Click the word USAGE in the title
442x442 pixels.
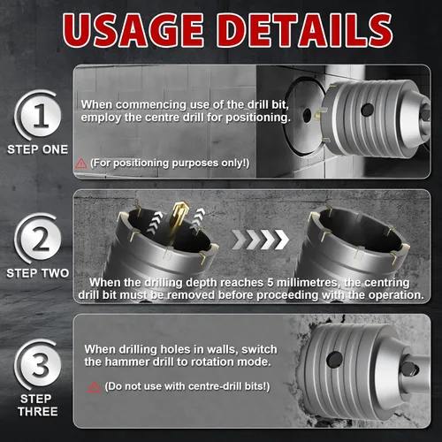[x=133, y=30]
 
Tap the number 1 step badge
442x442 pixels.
[x=40, y=115]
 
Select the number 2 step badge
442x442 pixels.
[x=40, y=239]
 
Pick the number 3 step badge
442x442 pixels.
[x=40, y=365]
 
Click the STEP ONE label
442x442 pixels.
[x=37, y=149]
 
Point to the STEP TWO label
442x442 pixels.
[x=37, y=273]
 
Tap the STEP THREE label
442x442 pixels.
[x=38, y=405]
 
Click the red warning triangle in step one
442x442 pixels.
[x=80, y=164]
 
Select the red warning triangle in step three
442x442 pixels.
[x=95, y=387]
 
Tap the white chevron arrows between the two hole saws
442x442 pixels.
[x=261, y=239]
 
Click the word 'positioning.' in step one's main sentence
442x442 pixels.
[x=258, y=118]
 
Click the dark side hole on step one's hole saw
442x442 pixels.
[x=367, y=110]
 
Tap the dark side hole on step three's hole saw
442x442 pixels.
[x=335, y=360]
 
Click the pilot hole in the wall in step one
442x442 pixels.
[x=307, y=115]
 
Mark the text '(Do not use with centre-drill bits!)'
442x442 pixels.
[x=187, y=386]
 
